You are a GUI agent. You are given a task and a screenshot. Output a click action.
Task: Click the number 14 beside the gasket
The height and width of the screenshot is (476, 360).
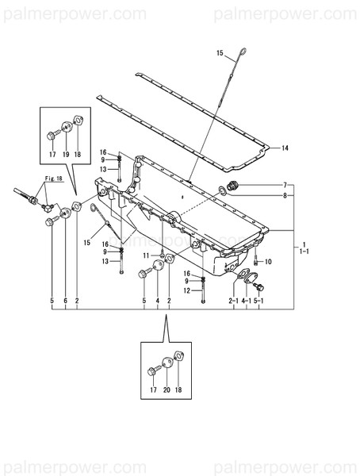285,148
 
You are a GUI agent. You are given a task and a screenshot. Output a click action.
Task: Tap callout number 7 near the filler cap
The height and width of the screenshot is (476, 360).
285,185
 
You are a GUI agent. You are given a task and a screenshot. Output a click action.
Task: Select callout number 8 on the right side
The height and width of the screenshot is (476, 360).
285,194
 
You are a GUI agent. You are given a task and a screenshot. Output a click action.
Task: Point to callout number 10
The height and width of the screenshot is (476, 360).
268,261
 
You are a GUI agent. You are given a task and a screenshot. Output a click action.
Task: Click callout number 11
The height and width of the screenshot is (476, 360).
147,255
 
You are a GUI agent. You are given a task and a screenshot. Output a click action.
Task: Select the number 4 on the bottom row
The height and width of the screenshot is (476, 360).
158,301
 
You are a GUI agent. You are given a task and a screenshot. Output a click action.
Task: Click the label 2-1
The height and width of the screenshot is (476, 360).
234,301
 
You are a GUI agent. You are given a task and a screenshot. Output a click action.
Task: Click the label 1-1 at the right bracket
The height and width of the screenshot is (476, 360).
304,251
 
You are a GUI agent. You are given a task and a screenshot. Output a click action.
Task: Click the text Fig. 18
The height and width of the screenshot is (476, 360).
53,180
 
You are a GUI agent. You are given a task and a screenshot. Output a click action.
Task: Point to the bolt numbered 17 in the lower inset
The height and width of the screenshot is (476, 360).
151,370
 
